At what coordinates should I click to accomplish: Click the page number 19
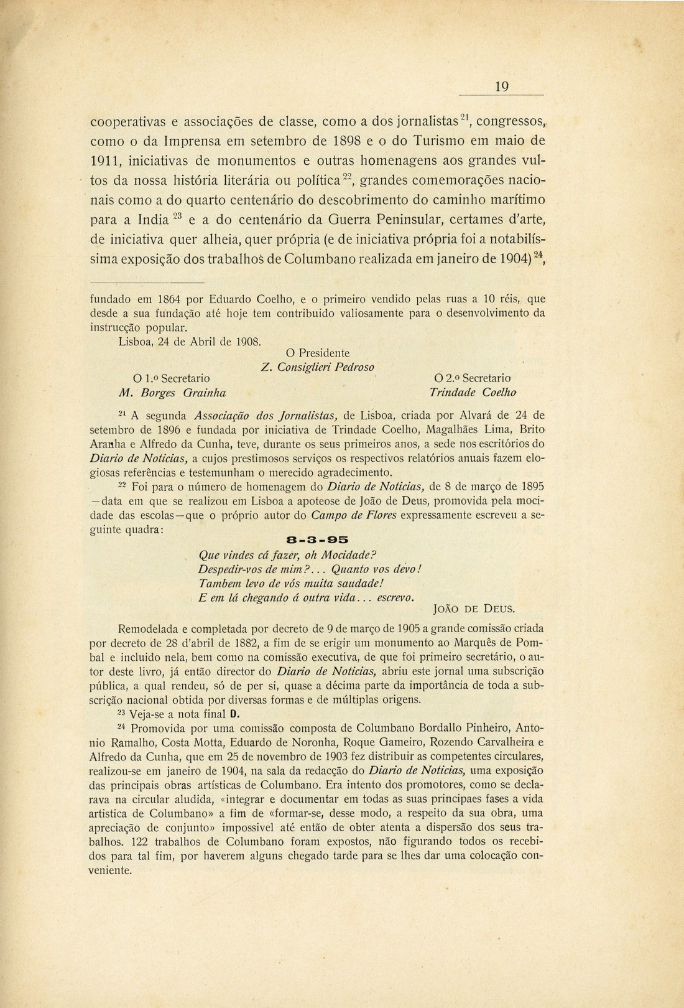(502, 87)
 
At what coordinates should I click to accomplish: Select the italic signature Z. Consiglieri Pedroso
(318, 366)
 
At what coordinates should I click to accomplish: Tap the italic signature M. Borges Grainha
(172, 393)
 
